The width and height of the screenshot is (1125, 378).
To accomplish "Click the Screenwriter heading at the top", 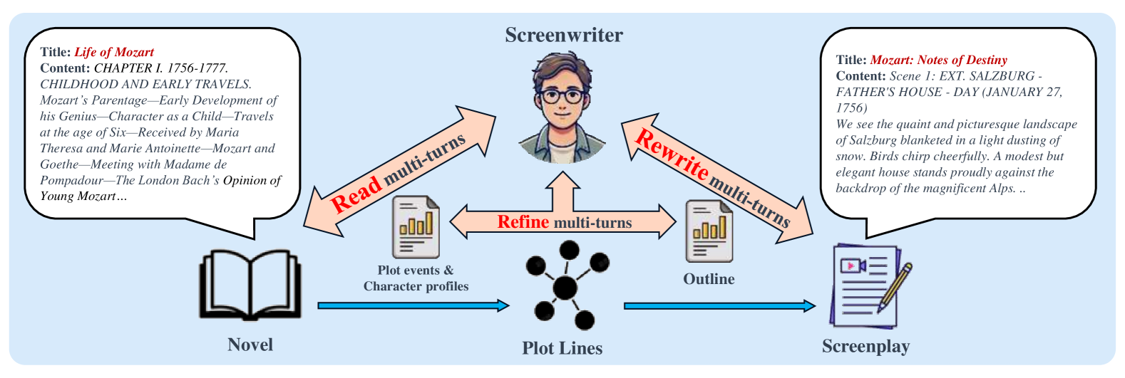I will coord(564,35).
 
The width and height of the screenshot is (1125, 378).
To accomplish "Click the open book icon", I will coord(250,285).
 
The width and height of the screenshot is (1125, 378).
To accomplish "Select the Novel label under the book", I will coord(250,345).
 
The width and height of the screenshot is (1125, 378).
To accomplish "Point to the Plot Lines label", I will coord(562,348).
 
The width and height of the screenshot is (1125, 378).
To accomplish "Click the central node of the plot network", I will coord(565,288).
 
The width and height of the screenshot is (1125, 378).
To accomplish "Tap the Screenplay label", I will coord(865,347).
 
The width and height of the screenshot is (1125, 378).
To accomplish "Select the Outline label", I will coord(709,279).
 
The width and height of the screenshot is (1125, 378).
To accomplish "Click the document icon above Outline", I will coord(709,231).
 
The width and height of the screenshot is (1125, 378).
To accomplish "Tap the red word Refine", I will coord(523,222).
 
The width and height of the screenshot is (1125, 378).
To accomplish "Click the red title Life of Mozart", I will coord(114,52).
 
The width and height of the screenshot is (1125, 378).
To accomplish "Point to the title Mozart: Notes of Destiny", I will coord(938,60).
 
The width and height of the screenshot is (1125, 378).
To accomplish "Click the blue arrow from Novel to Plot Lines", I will coord(413,306).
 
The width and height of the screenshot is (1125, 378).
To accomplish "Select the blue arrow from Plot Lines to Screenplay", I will coord(719,306).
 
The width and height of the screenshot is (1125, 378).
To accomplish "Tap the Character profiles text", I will coord(416,286).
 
